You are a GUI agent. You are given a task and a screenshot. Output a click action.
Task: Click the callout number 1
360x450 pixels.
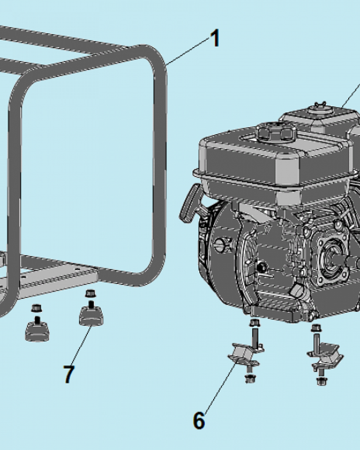coord(215,38)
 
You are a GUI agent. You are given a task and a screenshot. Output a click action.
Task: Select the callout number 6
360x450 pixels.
coord(199,420)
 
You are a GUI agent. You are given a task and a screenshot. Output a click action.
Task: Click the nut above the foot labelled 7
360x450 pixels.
coord(90,293)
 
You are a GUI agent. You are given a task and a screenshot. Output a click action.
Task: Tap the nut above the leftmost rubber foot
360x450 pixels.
coord(36,308)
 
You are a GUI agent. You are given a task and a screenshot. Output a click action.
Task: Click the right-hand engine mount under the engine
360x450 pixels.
coord(326,356)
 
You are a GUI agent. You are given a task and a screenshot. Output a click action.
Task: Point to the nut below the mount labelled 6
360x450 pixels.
coord(249,378)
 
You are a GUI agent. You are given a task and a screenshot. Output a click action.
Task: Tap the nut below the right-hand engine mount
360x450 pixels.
coord(322,381)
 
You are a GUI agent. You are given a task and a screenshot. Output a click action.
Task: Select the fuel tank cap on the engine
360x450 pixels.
coord(276,132)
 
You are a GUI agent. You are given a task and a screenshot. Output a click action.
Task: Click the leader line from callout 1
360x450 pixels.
coord(188,51)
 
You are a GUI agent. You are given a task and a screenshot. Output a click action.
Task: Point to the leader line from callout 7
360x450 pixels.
coord(82,345)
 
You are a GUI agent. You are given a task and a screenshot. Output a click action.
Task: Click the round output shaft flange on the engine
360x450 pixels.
coord(333,260)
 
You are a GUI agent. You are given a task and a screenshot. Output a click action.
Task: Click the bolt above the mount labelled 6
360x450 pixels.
coord(254,333)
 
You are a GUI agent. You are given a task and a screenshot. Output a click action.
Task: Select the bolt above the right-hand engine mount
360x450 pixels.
coord(316,336)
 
